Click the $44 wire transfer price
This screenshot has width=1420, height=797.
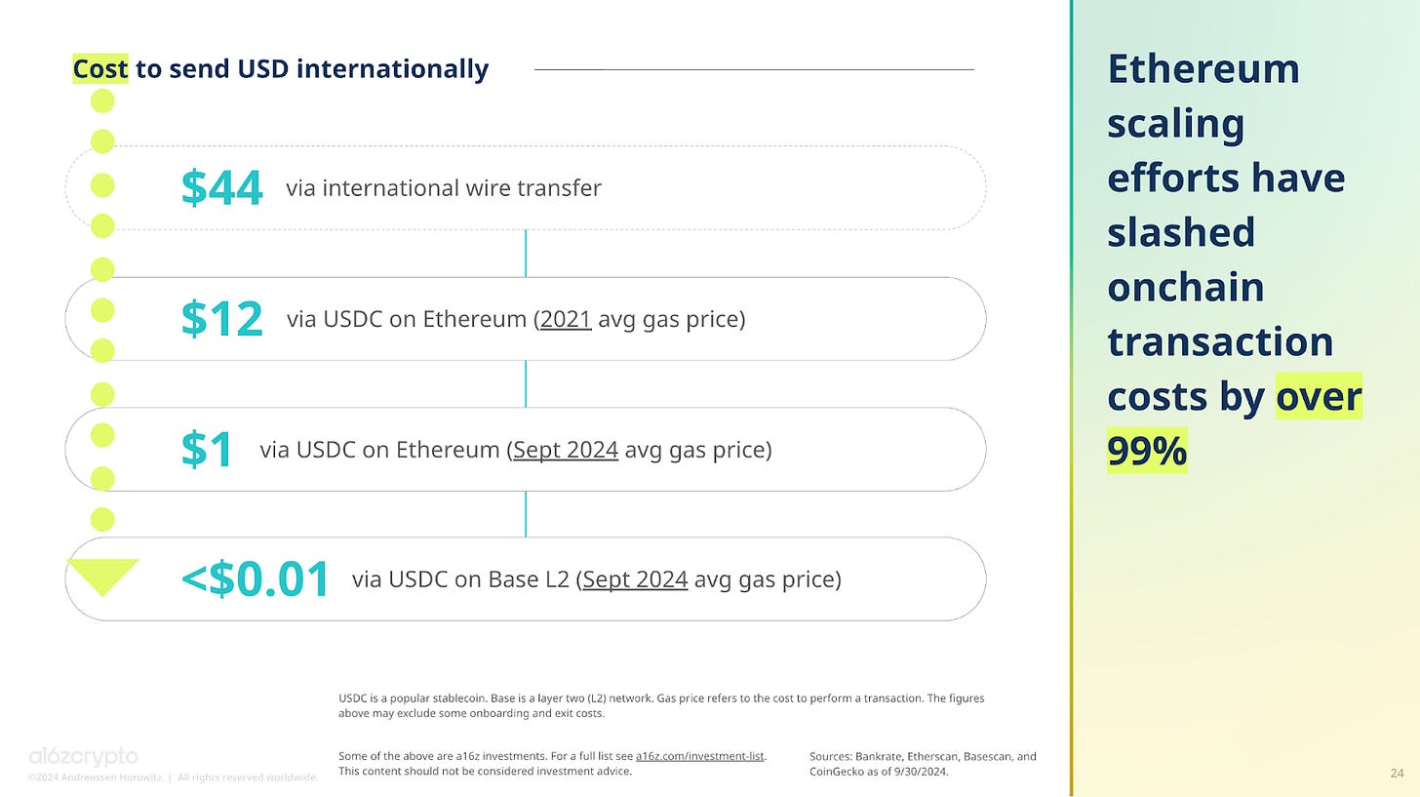(222, 187)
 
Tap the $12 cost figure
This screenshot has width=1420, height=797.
(222, 318)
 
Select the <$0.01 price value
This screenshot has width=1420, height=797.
(255, 578)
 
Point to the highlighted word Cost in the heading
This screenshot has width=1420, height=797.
(100, 68)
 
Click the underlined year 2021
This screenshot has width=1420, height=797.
(566, 319)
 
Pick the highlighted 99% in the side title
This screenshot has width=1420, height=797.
(1147, 451)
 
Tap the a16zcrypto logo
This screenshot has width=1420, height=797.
(83, 756)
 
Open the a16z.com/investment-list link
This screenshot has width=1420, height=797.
(700, 756)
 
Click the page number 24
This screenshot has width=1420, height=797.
(1398, 773)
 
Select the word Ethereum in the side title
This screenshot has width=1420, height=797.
(1203, 68)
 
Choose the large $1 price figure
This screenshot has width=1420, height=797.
(207, 449)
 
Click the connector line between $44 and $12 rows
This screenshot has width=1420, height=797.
(526, 254)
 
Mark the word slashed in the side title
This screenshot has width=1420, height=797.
(1181, 232)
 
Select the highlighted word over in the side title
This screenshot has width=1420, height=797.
(1319, 396)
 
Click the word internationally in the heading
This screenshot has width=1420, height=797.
(392, 68)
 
